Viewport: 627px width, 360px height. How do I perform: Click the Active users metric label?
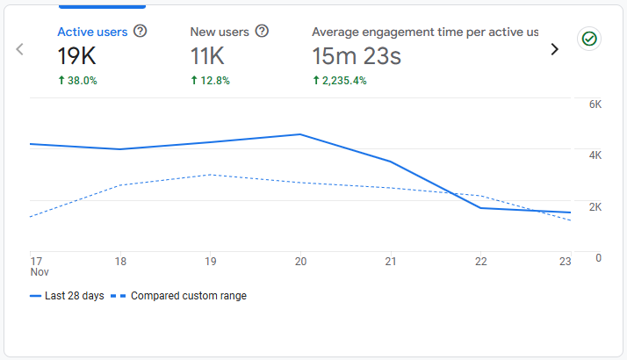[x=92, y=32]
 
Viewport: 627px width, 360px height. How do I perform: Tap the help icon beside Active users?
[x=141, y=32]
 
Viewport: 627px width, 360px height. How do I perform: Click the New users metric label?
[x=219, y=32]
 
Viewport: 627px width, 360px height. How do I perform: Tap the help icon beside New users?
[x=262, y=32]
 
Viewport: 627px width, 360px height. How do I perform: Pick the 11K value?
[x=207, y=57]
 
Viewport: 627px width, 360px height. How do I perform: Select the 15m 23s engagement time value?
[x=357, y=57]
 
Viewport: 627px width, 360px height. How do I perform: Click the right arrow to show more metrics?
[x=554, y=49]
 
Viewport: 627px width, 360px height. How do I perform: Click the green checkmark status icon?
[x=588, y=39]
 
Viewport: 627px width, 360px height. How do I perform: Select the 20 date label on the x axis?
[x=300, y=262]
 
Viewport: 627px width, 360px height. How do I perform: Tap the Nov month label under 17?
[x=40, y=272]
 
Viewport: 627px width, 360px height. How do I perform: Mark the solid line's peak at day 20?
[x=300, y=134]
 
